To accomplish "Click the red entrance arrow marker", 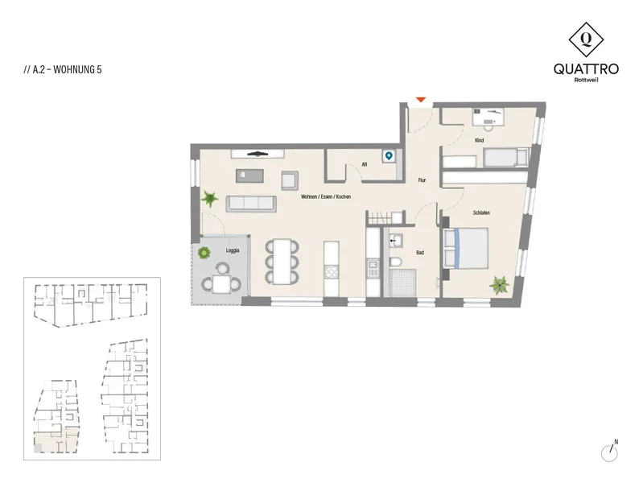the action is tap(421, 100).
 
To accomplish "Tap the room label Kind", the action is tap(479, 140).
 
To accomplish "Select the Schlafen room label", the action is tap(481, 213).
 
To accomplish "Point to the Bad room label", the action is tap(420, 253).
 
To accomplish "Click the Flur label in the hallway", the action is tap(422, 180).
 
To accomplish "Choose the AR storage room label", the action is tap(364, 164).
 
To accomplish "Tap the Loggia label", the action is tap(233, 250).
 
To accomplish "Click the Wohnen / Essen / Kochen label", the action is tap(326, 196).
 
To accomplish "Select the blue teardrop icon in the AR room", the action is tap(389, 156).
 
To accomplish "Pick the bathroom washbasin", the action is tap(396, 241).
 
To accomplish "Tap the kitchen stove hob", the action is tap(332, 271).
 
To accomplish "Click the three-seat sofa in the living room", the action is tap(251, 204).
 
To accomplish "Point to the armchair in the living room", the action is tap(290, 180).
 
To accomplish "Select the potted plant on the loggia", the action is tap(204, 253).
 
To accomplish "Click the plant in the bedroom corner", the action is tap(500, 285).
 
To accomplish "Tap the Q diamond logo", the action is tap(586, 39).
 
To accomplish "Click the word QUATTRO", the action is tap(586, 69).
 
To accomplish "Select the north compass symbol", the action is tap(610, 452).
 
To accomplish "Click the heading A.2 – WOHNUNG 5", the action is tap(62, 69).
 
